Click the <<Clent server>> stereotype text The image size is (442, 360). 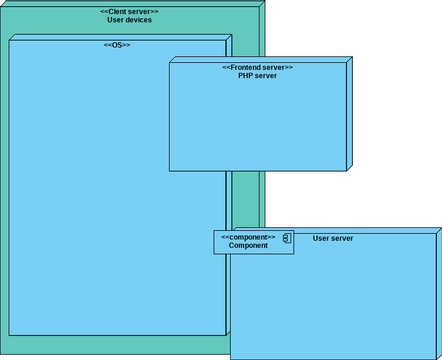click(129, 11)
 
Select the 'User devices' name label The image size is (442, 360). click(129, 20)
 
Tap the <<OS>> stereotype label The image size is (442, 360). click(117, 45)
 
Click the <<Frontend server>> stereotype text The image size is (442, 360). click(257, 67)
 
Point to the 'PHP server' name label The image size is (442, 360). click(257, 75)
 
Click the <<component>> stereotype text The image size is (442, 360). click(248, 237)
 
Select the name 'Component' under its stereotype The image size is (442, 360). click(248, 245)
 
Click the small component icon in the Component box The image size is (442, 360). click(285, 239)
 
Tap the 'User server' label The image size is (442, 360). click(333, 238)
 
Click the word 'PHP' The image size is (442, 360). click(245, 75)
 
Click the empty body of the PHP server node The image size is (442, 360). click(257, 125)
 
